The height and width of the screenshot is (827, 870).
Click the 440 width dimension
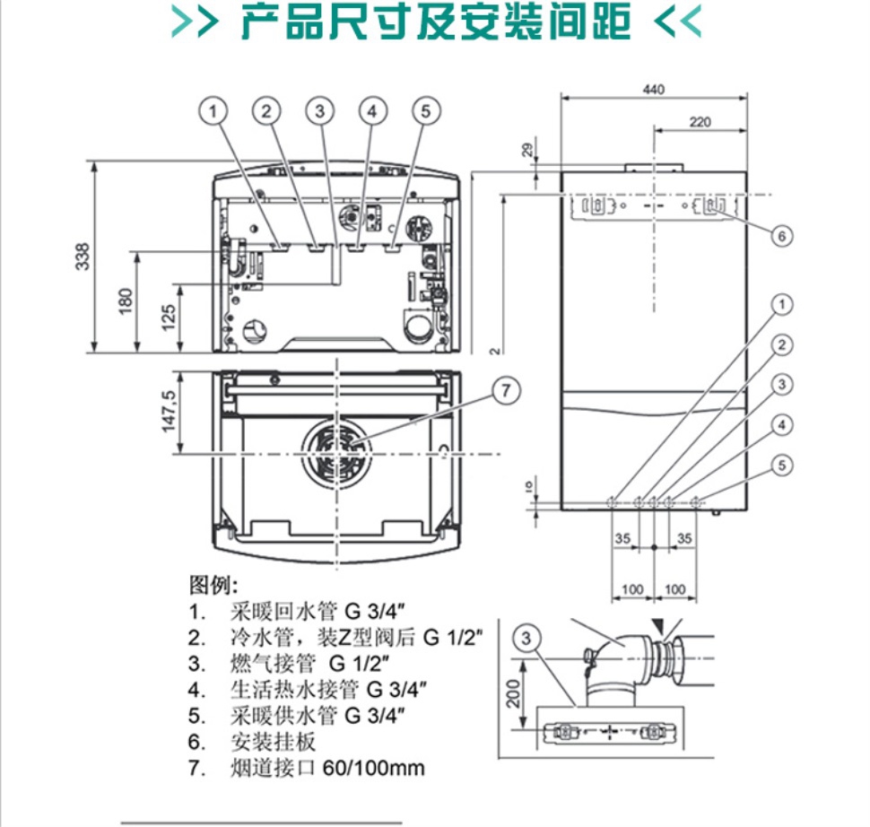point(655,90)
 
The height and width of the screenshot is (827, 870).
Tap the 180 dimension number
point(126,300)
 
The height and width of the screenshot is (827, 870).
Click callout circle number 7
point(505,390)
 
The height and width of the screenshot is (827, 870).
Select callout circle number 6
point(781,235)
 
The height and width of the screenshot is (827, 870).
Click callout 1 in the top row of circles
point(213,111)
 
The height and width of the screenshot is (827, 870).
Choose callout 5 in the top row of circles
point(426,111)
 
